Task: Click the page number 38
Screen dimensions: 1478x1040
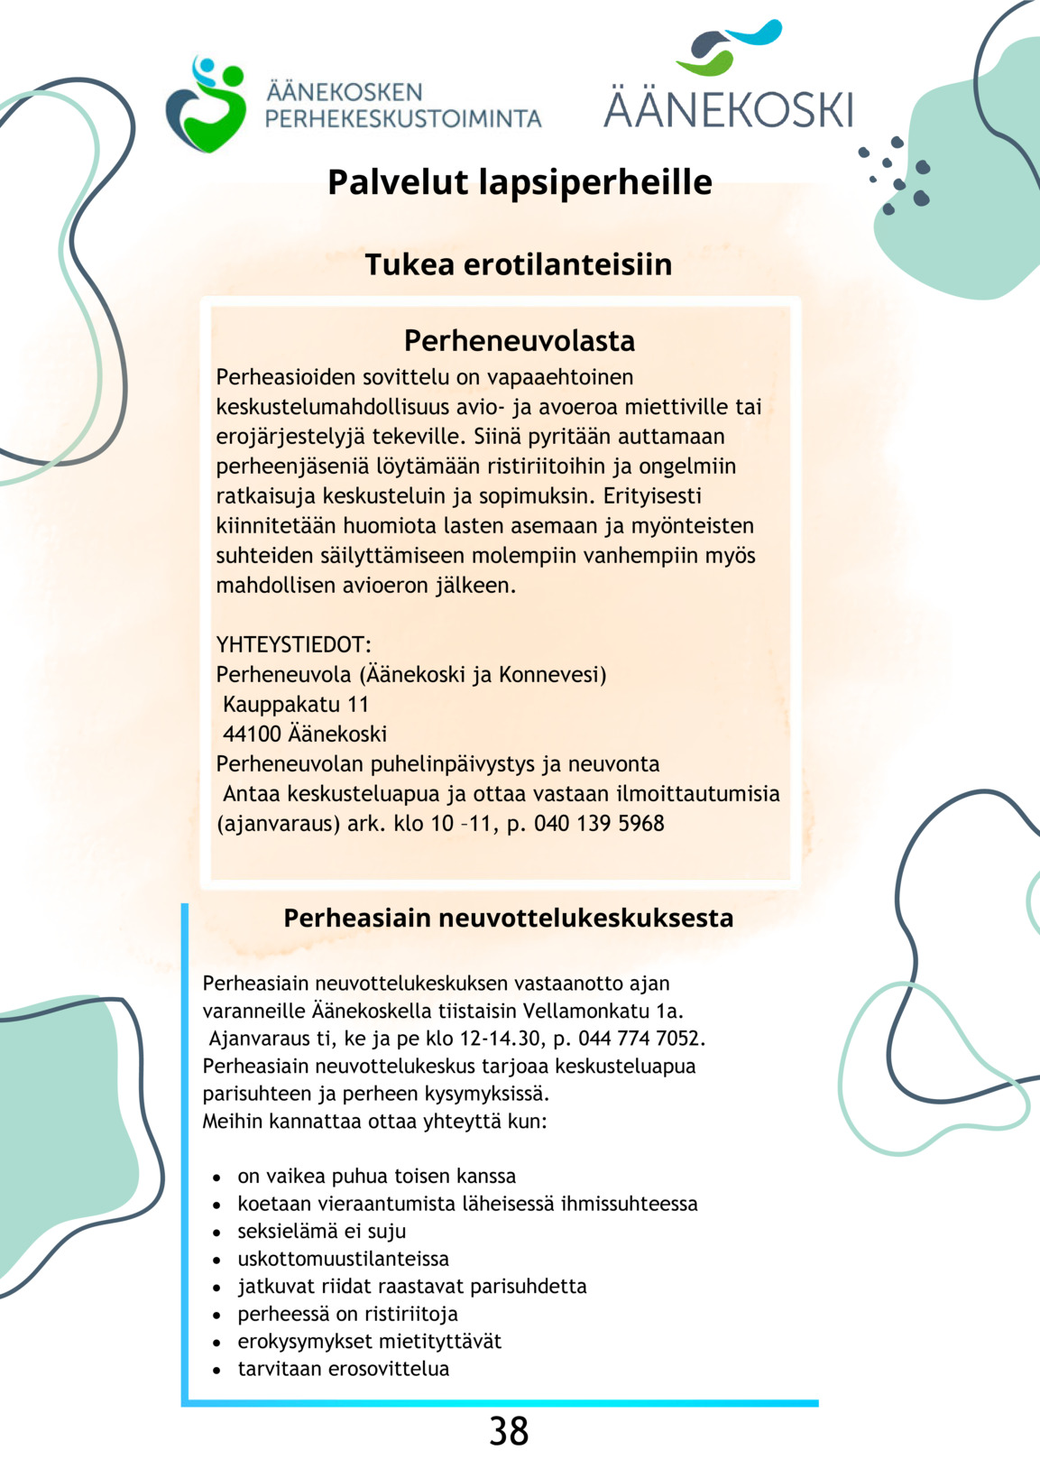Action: click(509, 1431)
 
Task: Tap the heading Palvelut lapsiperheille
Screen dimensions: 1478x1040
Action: click(520, 182)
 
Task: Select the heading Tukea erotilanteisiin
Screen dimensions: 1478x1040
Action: click(519, 264)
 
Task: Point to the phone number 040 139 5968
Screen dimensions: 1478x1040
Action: click(599, 824)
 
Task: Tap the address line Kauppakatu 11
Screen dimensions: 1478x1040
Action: click(296, 705)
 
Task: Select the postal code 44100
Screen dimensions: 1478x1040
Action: click(252, 734)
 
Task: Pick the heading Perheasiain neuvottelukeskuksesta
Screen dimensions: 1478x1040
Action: click(509, 918)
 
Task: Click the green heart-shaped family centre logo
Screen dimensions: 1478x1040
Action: click(207, 105)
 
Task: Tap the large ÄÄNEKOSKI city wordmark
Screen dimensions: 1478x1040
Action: click(727, 109)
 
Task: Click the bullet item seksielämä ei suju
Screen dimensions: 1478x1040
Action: click(322, 1232)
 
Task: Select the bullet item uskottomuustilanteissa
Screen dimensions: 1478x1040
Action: click(343, 1259)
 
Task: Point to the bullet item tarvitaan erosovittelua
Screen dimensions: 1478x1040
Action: click(343, 1369)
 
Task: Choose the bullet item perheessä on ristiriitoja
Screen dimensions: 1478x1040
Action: click(347, 1314)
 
